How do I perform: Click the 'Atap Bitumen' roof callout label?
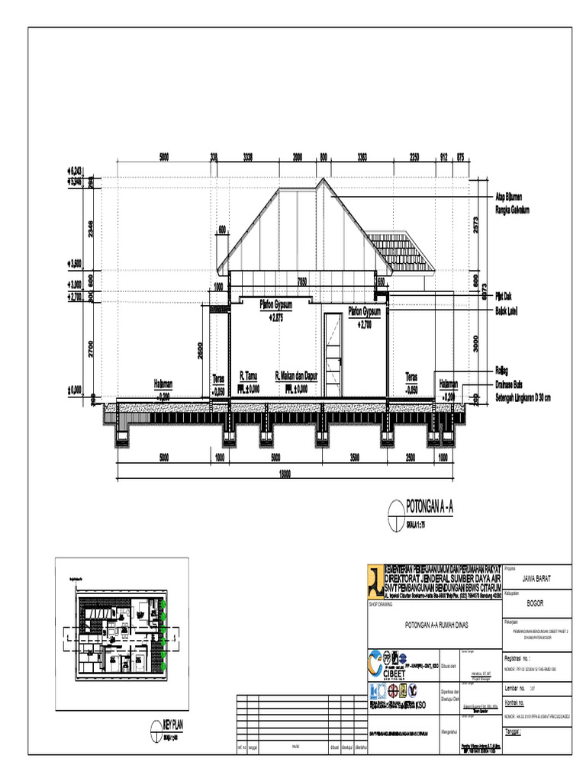click(x=512, y=195)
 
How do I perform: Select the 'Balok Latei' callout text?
click(x=512, y=311)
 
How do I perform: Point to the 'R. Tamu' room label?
click(x=250, y=376)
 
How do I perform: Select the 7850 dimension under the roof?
click(x=302, y=280)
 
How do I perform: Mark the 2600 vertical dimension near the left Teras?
click(x=201, y=349)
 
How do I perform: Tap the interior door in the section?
click(x=332, y=353)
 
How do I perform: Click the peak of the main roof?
click(x=325, y=181)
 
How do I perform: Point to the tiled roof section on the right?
click(x=401, y=252)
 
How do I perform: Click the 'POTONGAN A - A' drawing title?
click(x=430, y=506)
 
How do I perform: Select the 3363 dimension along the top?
click(x=362, y=157)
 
